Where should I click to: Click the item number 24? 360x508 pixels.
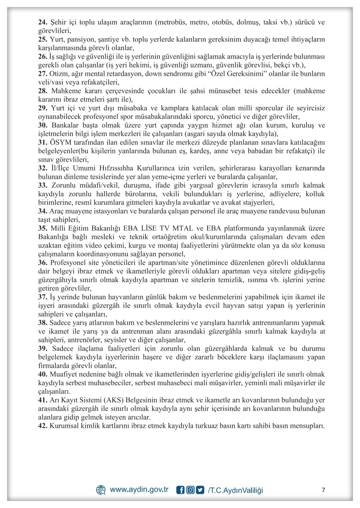[x=42, y=22]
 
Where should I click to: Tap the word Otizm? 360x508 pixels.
[x=59, y=74]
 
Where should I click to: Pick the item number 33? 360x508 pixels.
[x=42, y=185]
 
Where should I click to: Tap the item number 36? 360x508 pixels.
[x=42, y=263]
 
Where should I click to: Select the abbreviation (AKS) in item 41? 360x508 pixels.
[x=113, y=400]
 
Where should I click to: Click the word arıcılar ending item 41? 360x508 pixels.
[x=138, y=417]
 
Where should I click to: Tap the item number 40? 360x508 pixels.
[x=42, y=374]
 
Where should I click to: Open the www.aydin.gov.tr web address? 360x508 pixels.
[x=139, y=489]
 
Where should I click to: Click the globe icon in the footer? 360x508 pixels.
[x=101, y=490]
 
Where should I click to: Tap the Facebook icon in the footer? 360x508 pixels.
[x=180, y=490]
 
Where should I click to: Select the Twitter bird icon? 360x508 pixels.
[x=200, y=490]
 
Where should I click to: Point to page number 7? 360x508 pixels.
[x=323, y=490]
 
